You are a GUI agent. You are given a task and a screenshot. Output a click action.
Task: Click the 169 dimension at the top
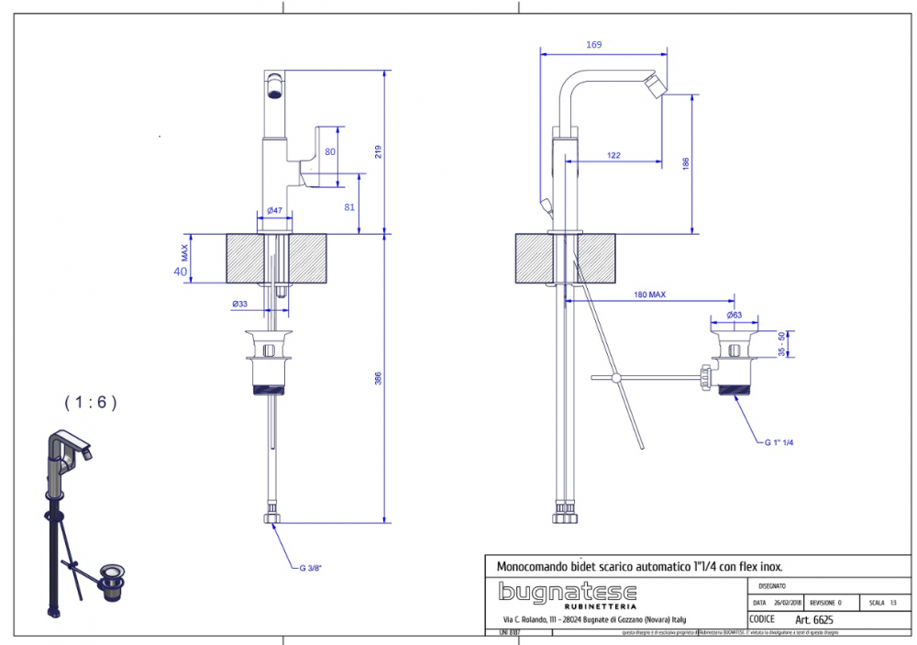coord(594,44)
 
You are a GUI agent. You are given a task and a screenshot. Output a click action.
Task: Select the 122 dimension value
coord(613,156)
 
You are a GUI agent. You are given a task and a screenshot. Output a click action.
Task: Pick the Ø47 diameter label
coord(274,211)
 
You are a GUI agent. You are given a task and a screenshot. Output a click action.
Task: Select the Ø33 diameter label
coord(239,304)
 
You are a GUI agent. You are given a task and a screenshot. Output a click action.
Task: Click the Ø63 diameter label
coord(734,315)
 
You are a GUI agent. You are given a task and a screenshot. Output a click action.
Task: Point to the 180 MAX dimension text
coord(649,295)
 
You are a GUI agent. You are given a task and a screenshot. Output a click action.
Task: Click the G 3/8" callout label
coord(311,568)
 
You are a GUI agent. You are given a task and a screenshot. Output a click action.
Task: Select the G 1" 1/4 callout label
coord(779,442)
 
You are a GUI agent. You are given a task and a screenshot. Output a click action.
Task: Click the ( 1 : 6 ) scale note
coord(91,402)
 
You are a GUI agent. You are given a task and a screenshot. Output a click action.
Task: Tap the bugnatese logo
coord(567,592)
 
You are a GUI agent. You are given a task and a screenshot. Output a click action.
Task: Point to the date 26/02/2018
coord(787,603)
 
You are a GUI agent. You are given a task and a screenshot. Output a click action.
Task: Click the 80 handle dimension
coord(330,151)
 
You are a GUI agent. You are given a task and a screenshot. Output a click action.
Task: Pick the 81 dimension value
coord(349,206)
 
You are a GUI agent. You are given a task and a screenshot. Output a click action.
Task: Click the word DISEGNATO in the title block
coord(771,585)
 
